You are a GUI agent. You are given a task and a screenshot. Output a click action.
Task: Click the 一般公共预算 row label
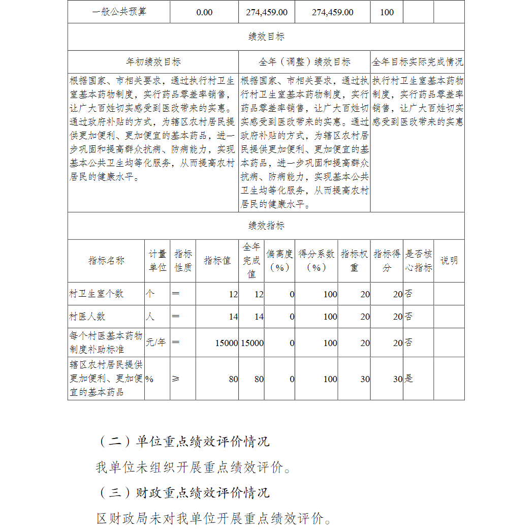click(x=119, y=12)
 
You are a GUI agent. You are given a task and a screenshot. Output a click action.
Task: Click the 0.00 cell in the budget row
click(x=204, y=12)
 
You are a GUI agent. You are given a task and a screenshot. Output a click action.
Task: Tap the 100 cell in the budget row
click(x=387, y=12)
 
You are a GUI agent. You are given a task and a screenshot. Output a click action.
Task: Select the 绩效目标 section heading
click(x=266, y=37)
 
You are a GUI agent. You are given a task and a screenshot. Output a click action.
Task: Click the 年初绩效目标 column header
click(x=153, y=62)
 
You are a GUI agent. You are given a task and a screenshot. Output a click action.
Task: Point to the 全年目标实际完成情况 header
click(x=418, y=62)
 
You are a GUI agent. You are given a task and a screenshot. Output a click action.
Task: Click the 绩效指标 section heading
click(x=266, y=226)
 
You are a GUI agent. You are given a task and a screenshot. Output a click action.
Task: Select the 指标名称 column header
click(x=106, y=261)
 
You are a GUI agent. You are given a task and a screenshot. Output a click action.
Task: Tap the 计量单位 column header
click(x=157, y=261)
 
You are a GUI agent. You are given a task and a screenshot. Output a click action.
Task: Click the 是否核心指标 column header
click(x=419, y=261)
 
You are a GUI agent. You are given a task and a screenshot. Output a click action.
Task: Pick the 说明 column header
click(x=449, y=261)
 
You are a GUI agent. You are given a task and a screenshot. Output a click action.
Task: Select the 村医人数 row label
click(x=87, y=317)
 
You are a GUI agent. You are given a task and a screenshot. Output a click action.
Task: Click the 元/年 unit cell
click(x=156, y=342)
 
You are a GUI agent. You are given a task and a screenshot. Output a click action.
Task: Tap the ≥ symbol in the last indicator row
click(x=175, y=379)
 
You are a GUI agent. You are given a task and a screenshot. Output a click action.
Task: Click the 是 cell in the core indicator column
click(x=408, y=379)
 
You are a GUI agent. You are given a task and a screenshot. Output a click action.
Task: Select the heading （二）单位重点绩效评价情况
click(x=183, y=442)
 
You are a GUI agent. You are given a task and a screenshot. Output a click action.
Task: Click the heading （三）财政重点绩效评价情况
click(x=183, y=492)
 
